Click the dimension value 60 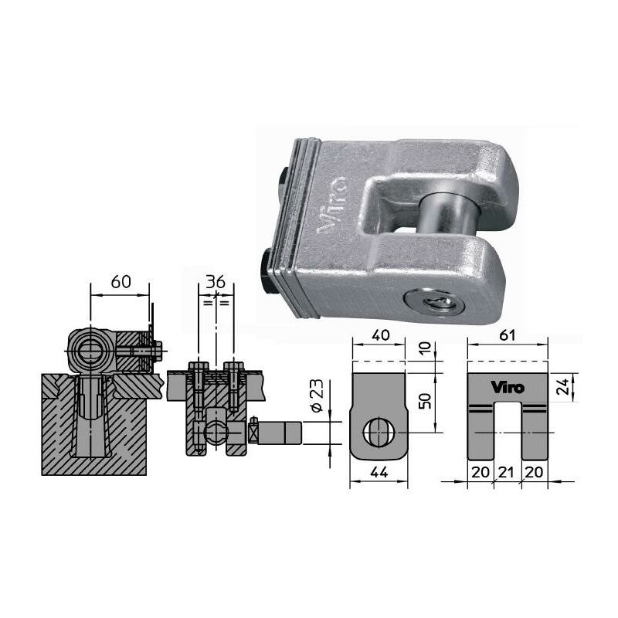point(121,282)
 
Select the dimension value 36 point(216,282)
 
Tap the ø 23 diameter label point(317,396)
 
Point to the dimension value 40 point(380,335)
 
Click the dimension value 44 point(379,472)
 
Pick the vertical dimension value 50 point(425,400)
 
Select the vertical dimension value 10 point(425,348)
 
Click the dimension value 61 point(508,335)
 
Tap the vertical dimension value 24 point(565,387)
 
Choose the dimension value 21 point(507,472)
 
